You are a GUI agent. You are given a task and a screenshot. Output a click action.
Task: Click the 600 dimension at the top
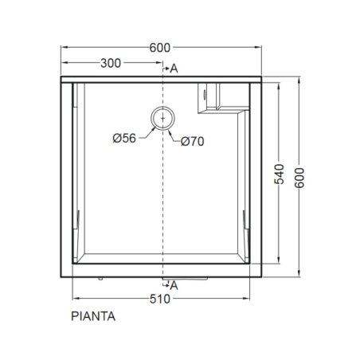(x=160, y=47)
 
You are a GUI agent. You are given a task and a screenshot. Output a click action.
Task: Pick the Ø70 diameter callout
(x=194, y=142)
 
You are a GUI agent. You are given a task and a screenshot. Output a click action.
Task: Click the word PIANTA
(x=92, y=316)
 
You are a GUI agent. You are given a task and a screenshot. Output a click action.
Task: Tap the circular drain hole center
(x=164, y=118)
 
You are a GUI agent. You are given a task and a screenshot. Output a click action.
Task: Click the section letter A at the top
(x=174, y=70)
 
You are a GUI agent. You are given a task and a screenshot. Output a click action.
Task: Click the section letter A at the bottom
(x=174, y=284)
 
